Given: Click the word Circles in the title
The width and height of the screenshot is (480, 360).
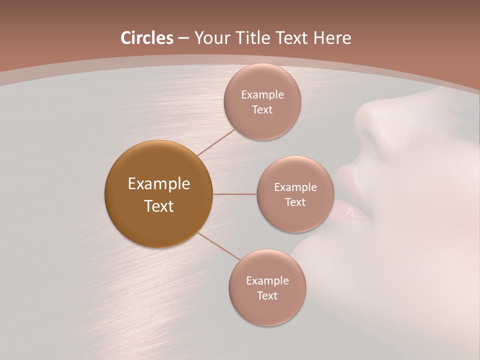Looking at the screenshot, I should point(146,38).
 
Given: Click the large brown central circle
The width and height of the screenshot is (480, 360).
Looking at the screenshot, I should point(158,194).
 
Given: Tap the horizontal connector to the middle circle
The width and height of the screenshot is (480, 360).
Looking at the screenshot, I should point(234,194).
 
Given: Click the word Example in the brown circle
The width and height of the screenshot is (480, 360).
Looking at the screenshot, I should point(158,184).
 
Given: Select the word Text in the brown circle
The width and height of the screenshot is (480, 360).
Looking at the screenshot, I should point(158,206).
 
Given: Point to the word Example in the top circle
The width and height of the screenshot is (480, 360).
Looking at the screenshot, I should point(262,94).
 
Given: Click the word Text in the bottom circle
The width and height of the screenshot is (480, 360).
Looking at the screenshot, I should point(267,295).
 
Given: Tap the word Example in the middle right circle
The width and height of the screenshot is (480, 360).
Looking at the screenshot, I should point(295,187).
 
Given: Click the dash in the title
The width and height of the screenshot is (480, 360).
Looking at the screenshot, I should point(183,38).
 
